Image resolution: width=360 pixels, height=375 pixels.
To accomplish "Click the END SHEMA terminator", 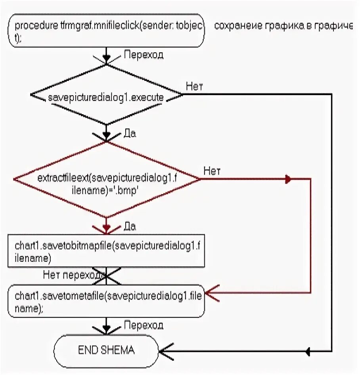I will (x=106, y=350).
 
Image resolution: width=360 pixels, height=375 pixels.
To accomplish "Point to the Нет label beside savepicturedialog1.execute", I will (x=194, y=87).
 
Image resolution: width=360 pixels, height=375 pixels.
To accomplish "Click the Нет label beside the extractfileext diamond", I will (x=213, y=171).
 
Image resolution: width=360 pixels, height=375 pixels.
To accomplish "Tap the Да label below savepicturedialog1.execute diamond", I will (x=130, y=134).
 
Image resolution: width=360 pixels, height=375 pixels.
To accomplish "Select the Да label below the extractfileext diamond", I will (x=130, y=227).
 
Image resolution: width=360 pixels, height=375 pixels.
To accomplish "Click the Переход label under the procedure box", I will (x=144, y=55).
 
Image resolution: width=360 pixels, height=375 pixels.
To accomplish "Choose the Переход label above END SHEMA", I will (x=144, y=325).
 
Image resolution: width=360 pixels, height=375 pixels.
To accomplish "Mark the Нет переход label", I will (x=74, y=274).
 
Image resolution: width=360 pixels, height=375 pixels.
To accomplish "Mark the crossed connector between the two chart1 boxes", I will (x=106, y=276).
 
